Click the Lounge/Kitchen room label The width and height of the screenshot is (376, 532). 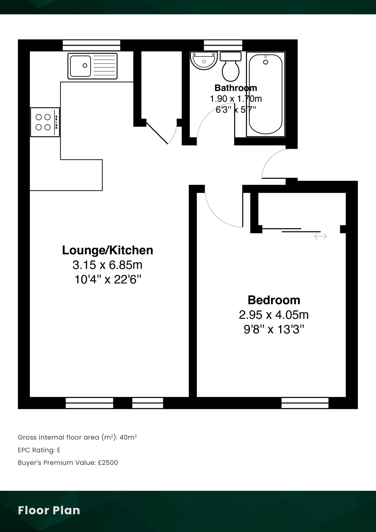click(108, 250)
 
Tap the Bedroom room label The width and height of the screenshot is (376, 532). click(274, 300)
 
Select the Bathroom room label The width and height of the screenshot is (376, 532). click(236, 88)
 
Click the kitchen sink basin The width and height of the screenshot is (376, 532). click(80, 66)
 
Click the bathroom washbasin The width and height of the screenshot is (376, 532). click(204, 61)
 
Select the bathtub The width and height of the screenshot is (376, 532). click(266, 94)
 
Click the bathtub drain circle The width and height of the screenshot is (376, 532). click(266, 62)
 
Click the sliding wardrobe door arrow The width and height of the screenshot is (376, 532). click(321, 236)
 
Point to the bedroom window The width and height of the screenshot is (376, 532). click(305, 403)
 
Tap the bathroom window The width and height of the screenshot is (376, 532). click(223, 45)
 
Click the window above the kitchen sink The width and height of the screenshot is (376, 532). click(92, 45)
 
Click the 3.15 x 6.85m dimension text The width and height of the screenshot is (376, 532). click(108, 265)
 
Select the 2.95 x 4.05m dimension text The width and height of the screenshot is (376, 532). click(274, 315)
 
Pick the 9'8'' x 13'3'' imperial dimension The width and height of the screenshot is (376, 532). click(274, 330)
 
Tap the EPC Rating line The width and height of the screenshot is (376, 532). click(39, 450)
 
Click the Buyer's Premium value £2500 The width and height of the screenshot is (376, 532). click(108, 463)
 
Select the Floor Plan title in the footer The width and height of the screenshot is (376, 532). click(49, 510)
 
